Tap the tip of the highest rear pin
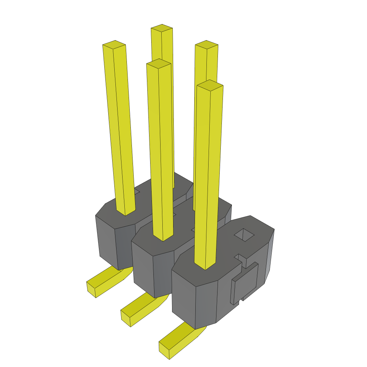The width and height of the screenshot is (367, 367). pos(162,28)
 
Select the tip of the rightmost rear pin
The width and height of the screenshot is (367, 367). pos(206,45)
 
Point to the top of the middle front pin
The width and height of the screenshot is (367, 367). pos(158,64)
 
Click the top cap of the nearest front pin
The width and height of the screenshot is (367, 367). pos(210,85)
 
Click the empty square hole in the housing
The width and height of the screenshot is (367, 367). pos(244,234)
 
